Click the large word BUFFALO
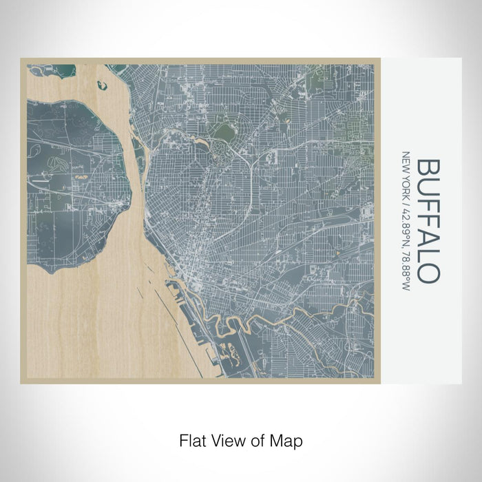[x=428, y=220]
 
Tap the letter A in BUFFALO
[x=428, y=236]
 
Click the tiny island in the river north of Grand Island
[x=103, y=86]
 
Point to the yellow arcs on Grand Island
[x=82, y=176]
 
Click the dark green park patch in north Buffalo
[x=224, y=131]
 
